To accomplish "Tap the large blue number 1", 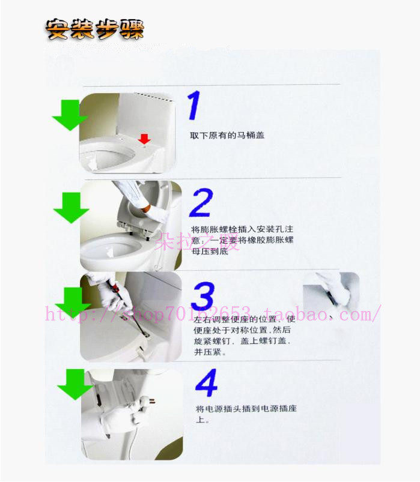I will [194, 106].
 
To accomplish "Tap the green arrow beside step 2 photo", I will [71, 208].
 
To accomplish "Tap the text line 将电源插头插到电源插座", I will [246, 409].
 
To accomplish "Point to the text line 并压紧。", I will [210, 352].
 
